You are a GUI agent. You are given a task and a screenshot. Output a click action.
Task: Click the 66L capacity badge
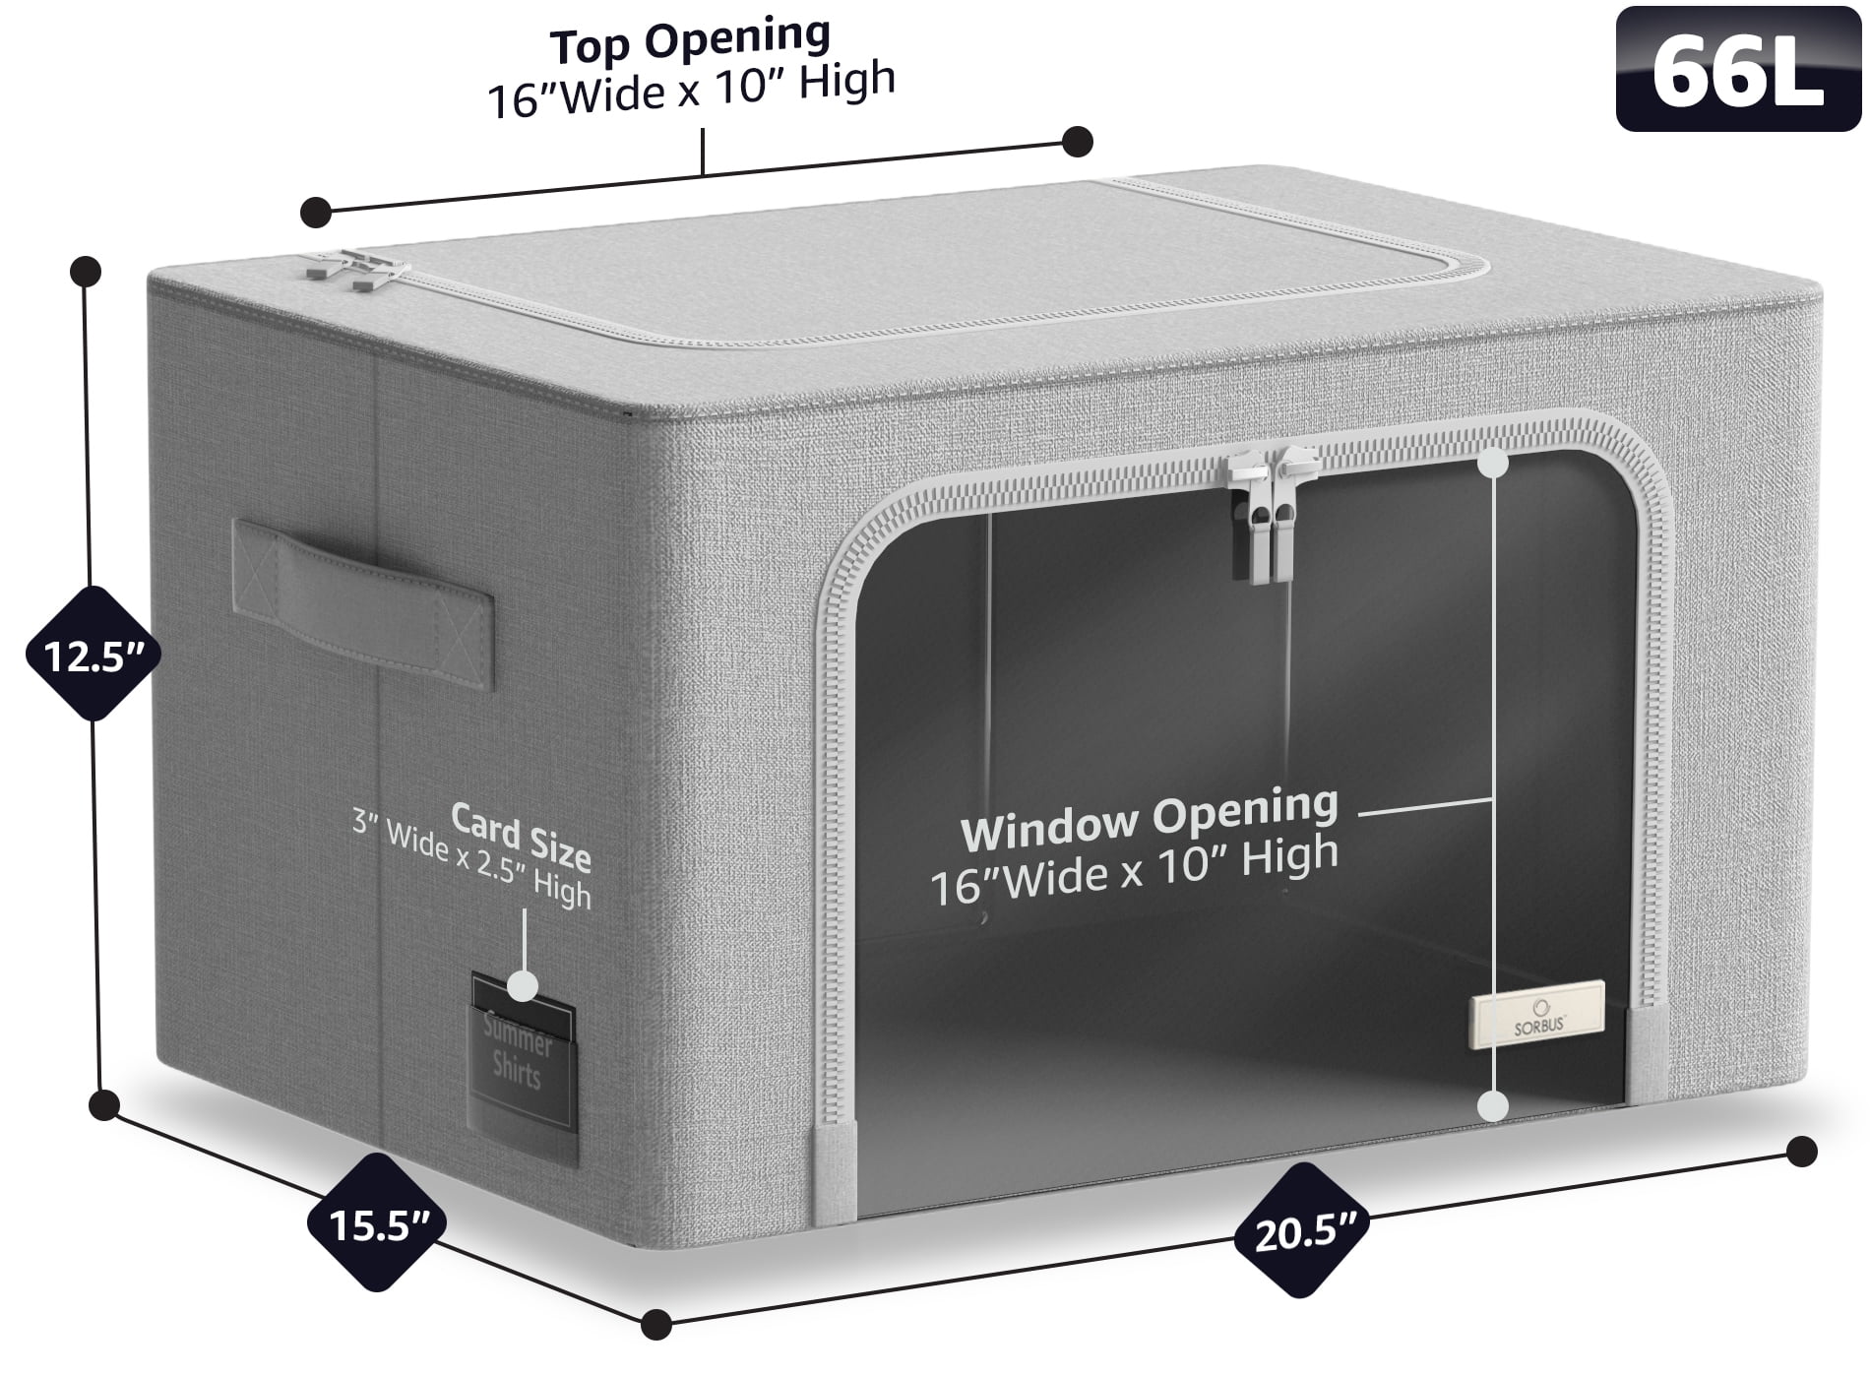pos(1738,69)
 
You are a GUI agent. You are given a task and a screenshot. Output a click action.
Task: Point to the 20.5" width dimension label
pos(1304,1231)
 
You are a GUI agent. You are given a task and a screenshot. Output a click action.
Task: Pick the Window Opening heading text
pos(1149,819)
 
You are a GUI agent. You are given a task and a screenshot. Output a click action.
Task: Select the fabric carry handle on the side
pos(363,604)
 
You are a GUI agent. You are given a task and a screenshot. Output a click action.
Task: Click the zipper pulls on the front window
pos(1273,512)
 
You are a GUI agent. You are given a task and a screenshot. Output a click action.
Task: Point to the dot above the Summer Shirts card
pos(523,985)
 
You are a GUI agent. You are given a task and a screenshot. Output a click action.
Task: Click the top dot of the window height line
pos(1493,463)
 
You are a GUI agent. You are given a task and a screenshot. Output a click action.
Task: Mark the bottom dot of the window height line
pos(1493,1106)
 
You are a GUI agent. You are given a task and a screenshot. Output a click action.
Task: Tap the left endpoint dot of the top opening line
pos(316,211)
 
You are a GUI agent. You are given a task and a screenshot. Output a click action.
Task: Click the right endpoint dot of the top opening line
pos(1078,142)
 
